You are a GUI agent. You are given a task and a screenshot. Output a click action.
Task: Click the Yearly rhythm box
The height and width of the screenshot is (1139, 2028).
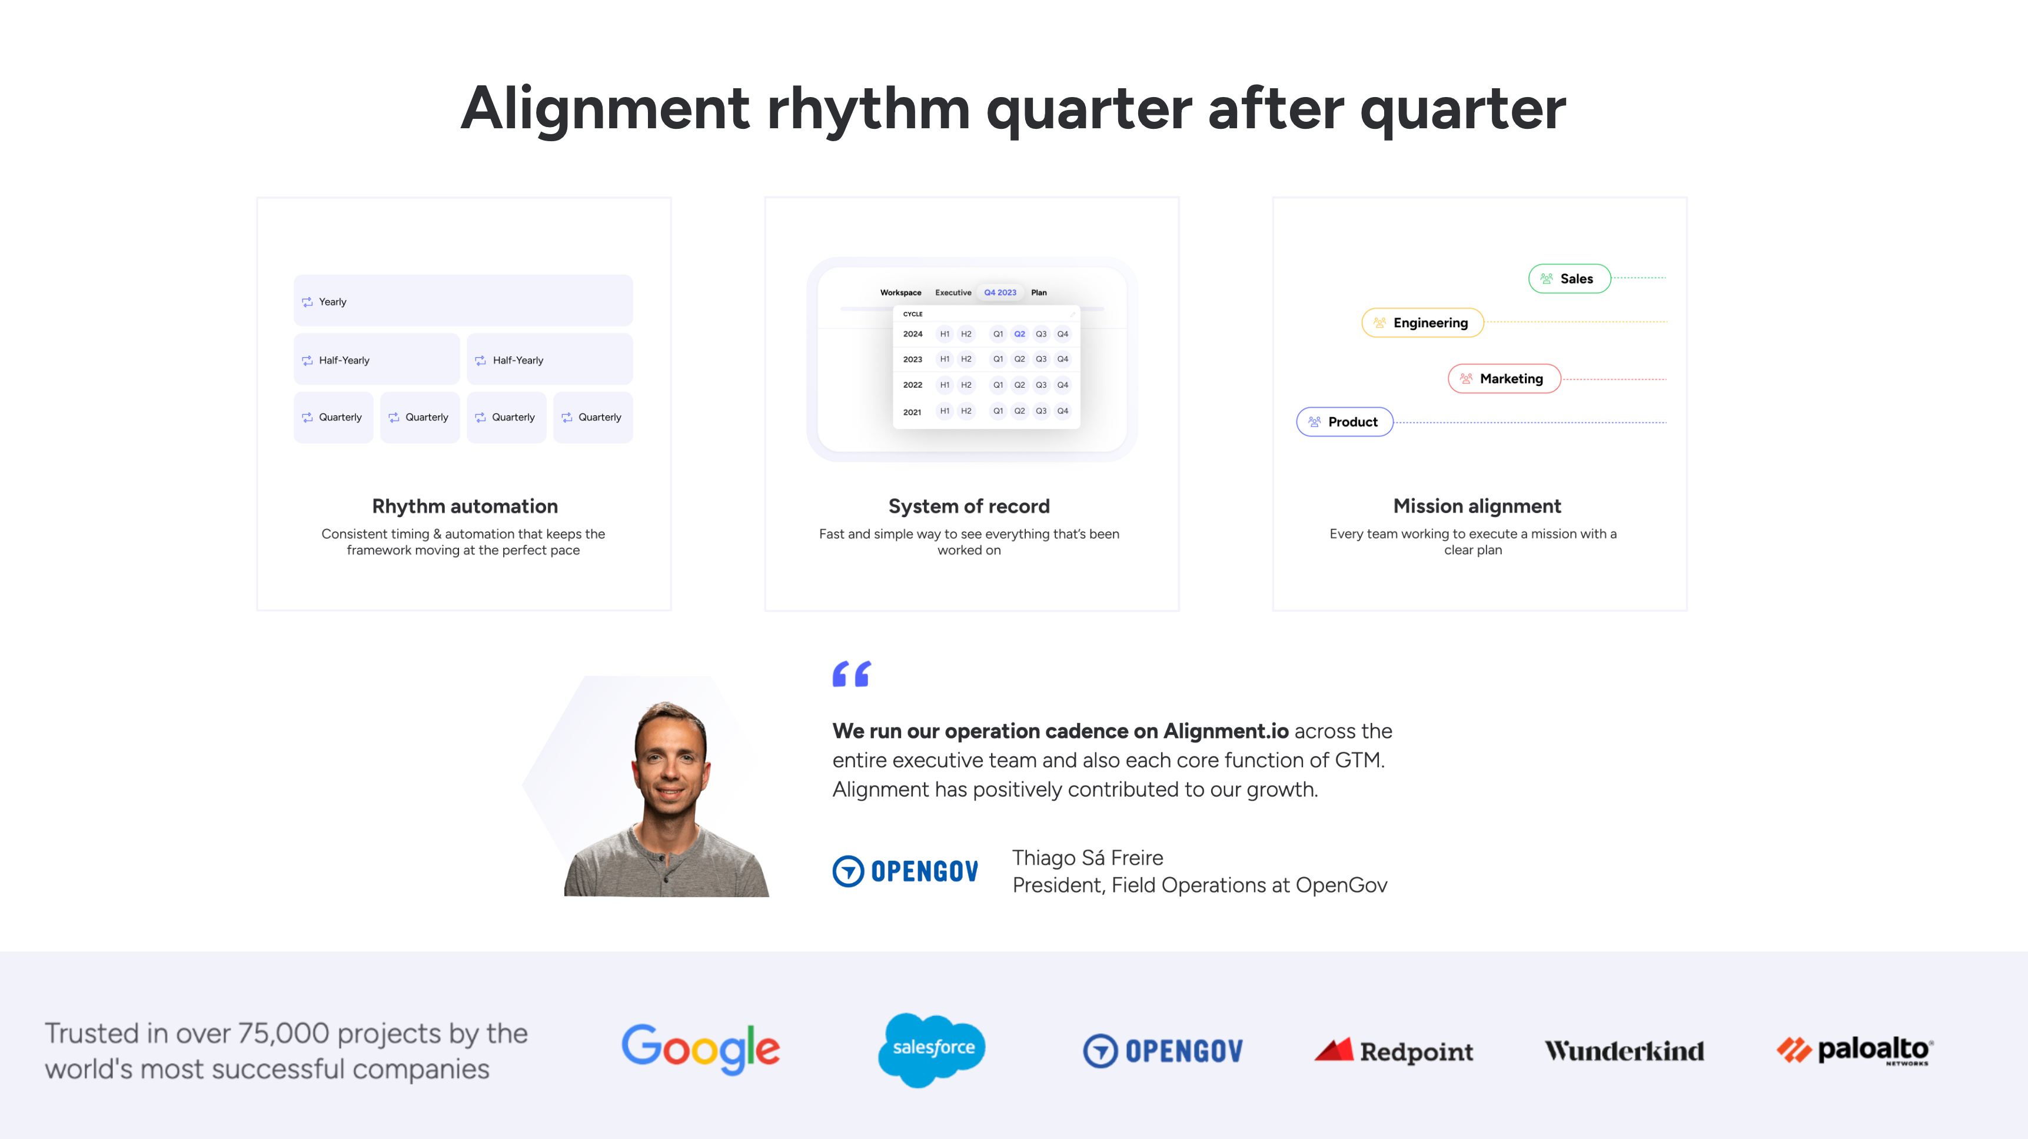(463, 301)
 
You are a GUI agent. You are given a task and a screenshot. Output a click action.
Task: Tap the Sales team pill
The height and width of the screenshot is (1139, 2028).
(1568, 279)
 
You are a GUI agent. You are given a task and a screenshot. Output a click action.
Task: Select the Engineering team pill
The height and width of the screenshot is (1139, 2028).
(1422, 323)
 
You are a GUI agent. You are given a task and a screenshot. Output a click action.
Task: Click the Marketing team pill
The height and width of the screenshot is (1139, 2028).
(1504, 379)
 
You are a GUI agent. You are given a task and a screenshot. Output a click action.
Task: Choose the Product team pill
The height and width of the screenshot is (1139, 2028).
(1344, 422)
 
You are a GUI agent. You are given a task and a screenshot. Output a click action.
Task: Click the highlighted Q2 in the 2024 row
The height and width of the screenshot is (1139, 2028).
(1019, 334)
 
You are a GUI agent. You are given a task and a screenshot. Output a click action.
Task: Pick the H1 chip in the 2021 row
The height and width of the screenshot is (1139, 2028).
(944, 411)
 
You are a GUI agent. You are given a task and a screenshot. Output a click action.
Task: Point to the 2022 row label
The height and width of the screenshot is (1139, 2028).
(912, 385)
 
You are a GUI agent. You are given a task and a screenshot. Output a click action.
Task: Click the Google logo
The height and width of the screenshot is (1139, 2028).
(701, 1048)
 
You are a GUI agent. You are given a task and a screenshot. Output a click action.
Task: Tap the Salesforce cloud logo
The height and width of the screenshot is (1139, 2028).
(932, 1048)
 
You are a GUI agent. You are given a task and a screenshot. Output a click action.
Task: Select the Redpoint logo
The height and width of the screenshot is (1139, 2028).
(1394, 1051)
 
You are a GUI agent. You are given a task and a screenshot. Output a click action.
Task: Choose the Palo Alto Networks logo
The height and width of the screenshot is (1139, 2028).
(1855, 1050)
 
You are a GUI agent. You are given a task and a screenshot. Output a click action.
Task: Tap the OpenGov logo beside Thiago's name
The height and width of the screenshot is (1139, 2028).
(905, 871)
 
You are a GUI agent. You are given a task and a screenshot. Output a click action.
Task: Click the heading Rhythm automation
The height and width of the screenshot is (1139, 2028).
(464, 506)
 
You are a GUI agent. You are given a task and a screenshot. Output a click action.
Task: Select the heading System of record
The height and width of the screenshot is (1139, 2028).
(968, 506)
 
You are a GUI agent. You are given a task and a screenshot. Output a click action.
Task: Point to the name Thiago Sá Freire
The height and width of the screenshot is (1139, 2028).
(1087, 857)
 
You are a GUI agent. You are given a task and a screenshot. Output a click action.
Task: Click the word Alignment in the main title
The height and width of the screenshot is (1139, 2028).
(604, 109)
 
